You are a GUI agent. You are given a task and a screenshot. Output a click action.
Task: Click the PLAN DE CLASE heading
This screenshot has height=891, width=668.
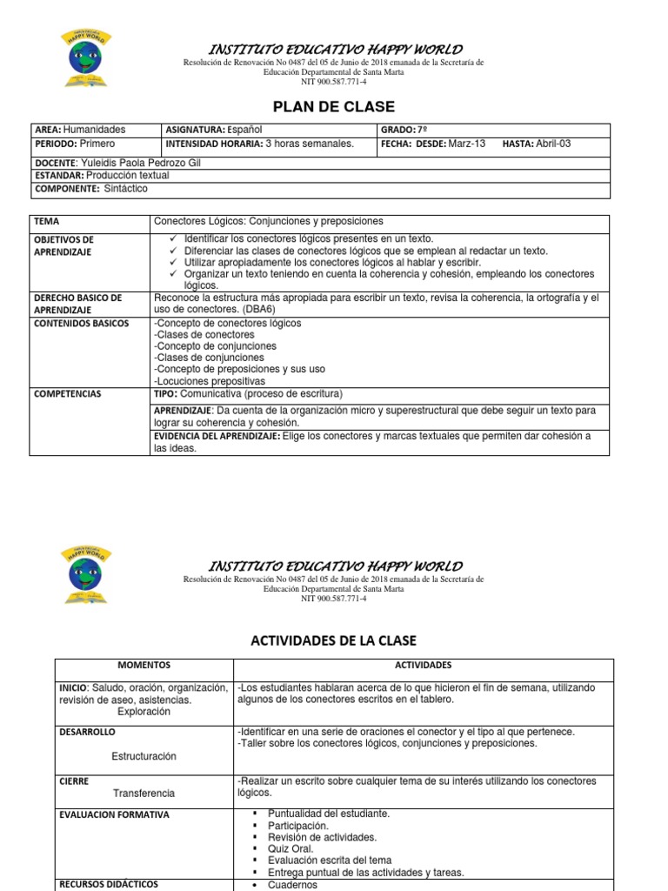[x=334, y=107]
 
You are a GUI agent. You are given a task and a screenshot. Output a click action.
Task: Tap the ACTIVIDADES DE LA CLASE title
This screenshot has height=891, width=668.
[x=334, y=640]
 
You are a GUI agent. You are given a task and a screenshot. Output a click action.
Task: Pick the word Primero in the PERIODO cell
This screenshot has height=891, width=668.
[x=97, y=144]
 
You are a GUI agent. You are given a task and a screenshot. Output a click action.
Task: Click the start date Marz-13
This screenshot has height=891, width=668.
[x=467, y=144]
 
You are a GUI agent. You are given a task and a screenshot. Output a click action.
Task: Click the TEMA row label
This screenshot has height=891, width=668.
[x=48, y=222]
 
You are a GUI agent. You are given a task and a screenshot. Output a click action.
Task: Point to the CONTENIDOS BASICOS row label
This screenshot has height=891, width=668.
[x=81, y=324]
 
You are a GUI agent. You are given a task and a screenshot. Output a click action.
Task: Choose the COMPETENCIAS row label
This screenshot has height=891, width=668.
[x=67, y=394]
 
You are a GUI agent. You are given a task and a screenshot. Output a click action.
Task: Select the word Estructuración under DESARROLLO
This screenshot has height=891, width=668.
[x=144, y=756]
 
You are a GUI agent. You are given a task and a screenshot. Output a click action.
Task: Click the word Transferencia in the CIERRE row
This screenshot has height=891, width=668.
[x=144, y=793]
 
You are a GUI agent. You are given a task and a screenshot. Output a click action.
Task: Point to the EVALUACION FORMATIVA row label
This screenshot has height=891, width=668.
[x=114, y=815]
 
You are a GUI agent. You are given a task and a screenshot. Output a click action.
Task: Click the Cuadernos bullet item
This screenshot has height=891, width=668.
[x=293, y=885]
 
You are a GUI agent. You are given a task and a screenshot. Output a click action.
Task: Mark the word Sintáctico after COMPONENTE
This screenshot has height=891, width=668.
[x=126, y=189]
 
